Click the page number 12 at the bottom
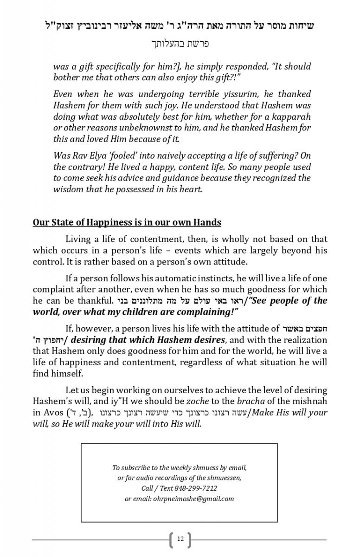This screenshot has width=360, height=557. (x=180, y=539)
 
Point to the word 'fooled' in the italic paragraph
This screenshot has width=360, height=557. (x=127, y=155)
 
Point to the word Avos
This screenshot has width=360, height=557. (x=53, y=413)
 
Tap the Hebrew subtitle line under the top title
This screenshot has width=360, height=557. (x=180, y=44)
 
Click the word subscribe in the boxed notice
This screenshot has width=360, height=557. (x=140, y=467)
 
